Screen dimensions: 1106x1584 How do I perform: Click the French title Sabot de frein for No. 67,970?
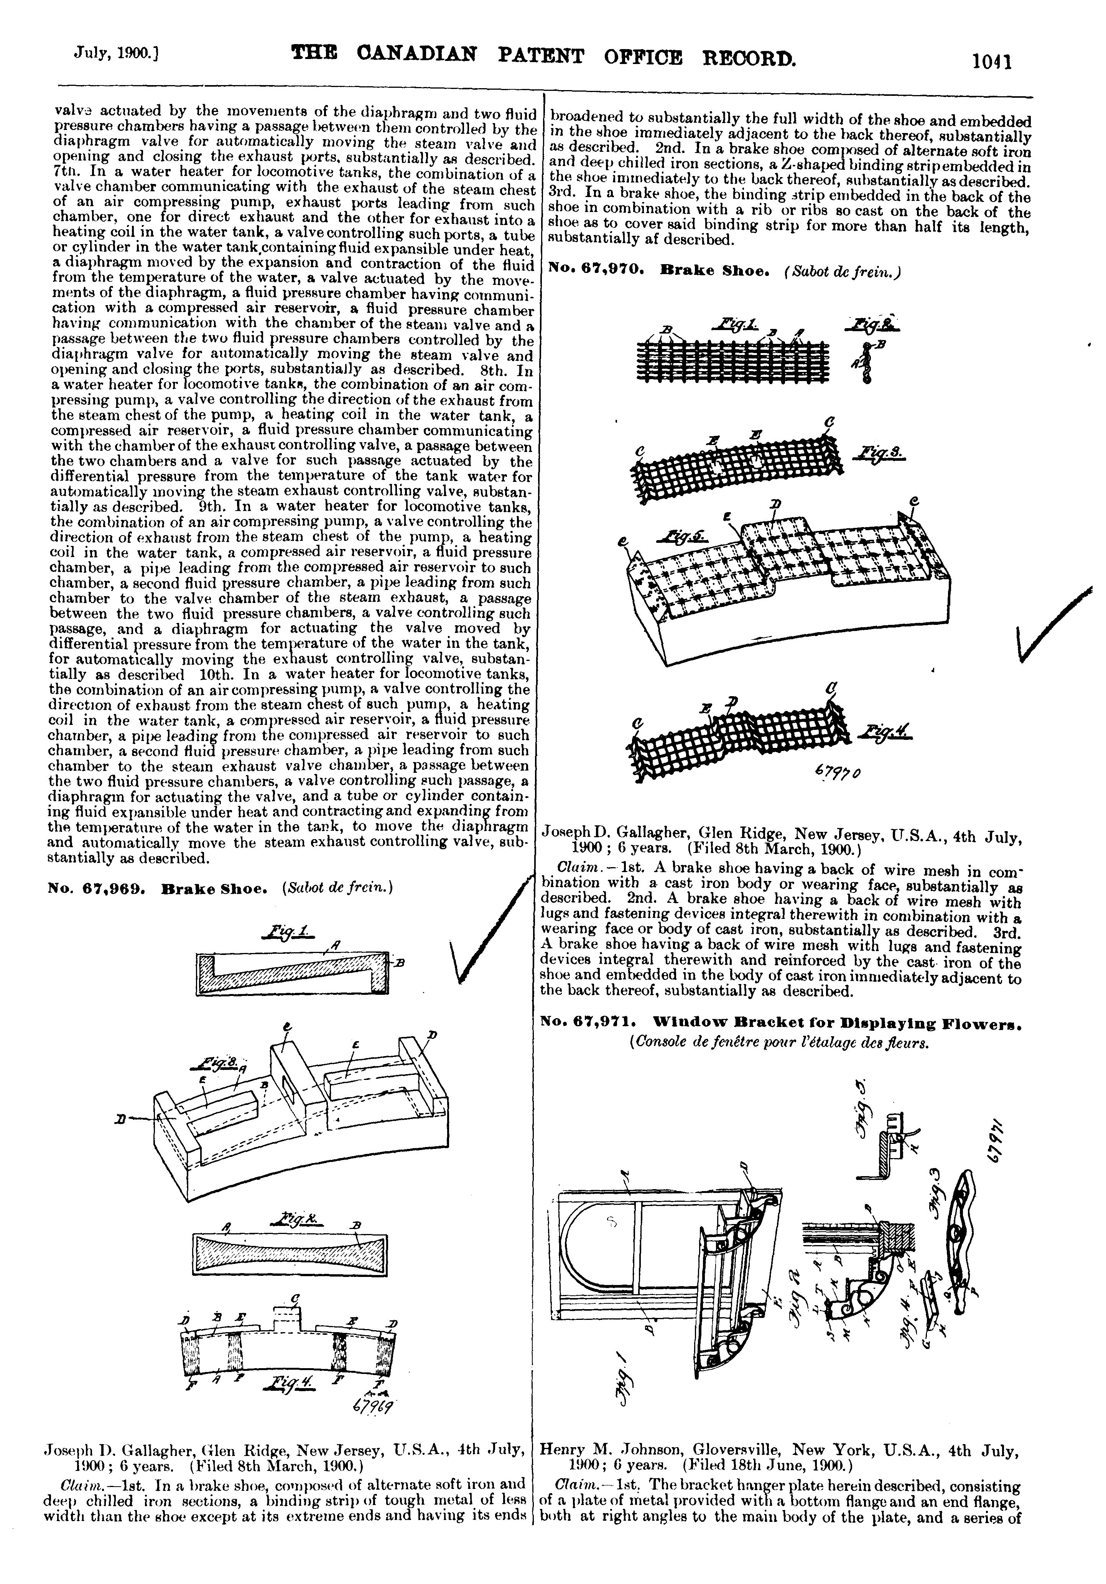click(843, 271)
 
